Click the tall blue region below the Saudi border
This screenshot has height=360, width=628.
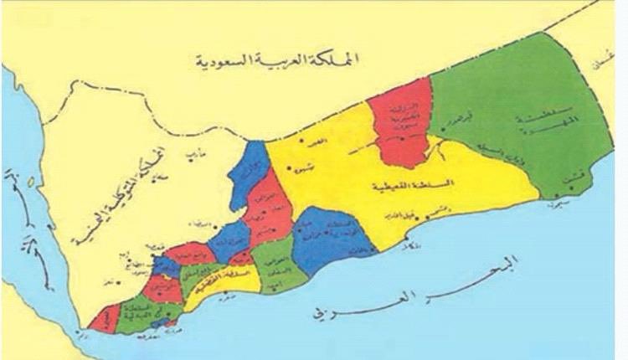[x=249, y=172]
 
